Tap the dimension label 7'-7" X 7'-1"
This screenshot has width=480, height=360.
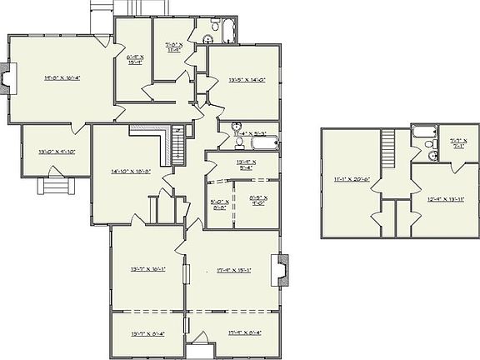coord(458,143)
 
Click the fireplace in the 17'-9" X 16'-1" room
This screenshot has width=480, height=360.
coord(283,267)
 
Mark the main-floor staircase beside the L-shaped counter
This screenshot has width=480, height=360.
coord(176,148)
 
